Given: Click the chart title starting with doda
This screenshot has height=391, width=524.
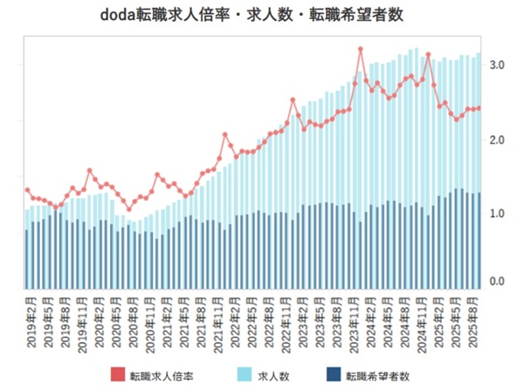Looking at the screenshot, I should coord(259,17).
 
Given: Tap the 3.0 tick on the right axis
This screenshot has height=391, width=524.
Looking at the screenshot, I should coord(497,65).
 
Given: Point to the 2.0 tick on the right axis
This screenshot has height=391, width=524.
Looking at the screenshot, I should coord(497,140).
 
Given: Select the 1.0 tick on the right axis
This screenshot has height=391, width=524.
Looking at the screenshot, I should coord(497,214).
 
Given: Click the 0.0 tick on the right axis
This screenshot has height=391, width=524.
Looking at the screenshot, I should coord(497,282).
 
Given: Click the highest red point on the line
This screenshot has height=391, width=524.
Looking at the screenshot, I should coord(361,49).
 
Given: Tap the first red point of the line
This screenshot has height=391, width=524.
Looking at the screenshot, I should coord(27,190).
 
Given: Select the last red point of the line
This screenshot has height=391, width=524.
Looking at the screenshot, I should coord(479,108).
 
